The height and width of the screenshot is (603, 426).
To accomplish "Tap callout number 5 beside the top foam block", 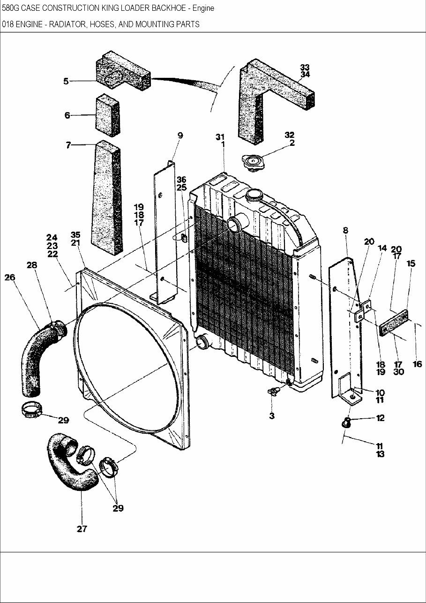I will [66, 81].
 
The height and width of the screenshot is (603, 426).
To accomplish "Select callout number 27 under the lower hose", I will [82, 529].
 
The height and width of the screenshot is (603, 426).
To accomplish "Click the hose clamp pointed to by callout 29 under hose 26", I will [30, 411].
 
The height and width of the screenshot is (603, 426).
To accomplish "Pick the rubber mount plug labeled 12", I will [347, 423].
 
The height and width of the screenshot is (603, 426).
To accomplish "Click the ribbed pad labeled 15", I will [394, 325].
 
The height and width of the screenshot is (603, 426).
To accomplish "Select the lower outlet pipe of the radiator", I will [202, 344].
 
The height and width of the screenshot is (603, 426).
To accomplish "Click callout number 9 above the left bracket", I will [180, 136].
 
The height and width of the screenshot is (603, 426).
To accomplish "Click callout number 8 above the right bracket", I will [345, 230].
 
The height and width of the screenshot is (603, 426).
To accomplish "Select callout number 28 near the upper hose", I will [32, 265].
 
